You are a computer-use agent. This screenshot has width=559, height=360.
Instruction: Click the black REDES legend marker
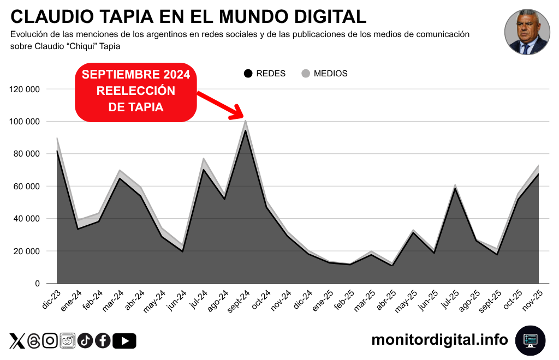pyautogui.click(x=248, y=74)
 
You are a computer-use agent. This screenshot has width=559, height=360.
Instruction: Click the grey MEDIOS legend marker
pyautogui.click(x=306, y=74)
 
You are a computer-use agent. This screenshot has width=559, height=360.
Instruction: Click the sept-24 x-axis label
pyautogui.click(x=239, y=301)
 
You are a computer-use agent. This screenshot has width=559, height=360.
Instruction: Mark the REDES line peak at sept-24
pyautogui.click(x=246, y=130)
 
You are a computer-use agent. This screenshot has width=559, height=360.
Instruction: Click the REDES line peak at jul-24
pyautogui.click(x=203, y=169)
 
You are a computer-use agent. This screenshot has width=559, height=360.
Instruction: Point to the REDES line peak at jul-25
pyautogui.click(x=455, y=188)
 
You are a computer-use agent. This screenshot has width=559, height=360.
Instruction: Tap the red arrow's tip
pyautogui.click(x=242, y=117)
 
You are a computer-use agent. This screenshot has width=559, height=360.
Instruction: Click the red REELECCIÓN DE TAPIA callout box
pyautogui.click(x=136, y=91)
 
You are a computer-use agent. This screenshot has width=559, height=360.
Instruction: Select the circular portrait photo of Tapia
pyautogui.click(x=526, y=32)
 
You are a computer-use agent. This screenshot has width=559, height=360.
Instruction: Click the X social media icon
pyautogui.click(x=17, y=341)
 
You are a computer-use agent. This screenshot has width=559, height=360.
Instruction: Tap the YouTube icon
pyautogui.click(x=124, y=341)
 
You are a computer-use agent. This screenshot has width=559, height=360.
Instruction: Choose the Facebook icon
pyautogui.click(x=102, y=341)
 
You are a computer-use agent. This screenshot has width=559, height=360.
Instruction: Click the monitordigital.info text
pyautogui.click(x=439, y=340)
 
